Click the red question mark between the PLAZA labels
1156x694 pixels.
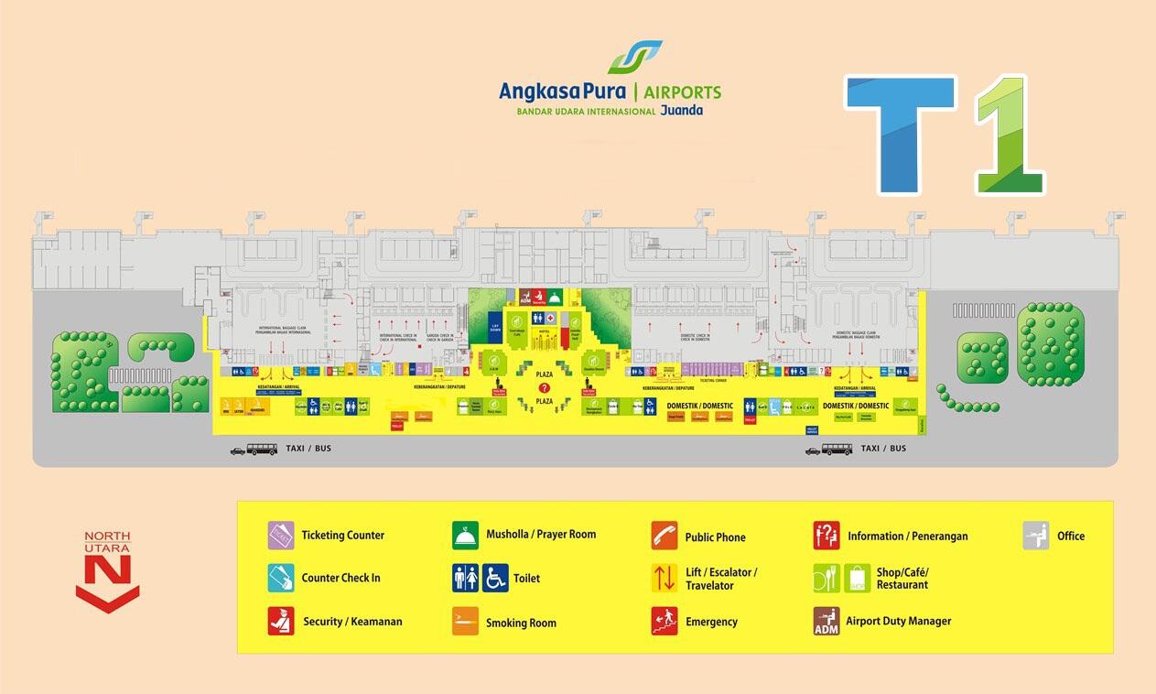(x=544, y=388)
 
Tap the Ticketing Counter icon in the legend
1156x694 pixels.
(x=281, y=535)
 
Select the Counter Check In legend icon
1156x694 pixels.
(x=281, y=578)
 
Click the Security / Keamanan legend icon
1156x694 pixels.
(x=281, y=621)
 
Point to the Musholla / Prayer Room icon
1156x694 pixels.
(x=465, y=535)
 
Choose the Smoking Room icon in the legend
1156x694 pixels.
(x=465, y=621)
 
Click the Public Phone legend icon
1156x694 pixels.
(x=664, y=536)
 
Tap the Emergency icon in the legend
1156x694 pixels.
(x=664, y=621)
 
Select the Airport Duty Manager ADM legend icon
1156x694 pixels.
(x=826, y=621)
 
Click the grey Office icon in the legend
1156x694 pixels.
(x=1036, y=536)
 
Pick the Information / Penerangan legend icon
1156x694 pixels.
(x=826, y=536)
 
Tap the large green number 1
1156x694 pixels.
(x=1009, y=135)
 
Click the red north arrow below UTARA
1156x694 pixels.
(x=108, y=585)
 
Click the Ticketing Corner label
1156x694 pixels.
(x=714, y=378)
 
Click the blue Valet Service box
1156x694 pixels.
(x=811, y=428)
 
